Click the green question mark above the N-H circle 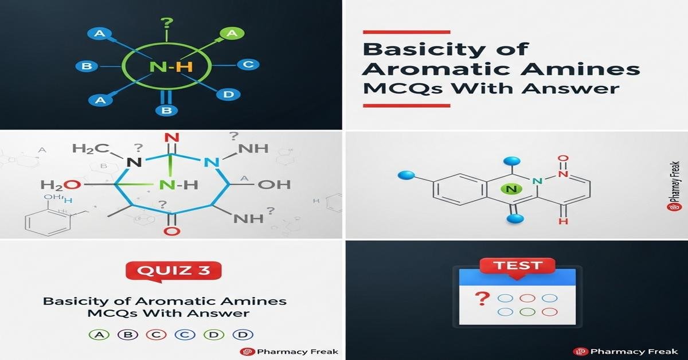166,24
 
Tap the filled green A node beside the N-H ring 232,33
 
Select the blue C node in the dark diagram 248,64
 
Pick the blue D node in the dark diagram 228,94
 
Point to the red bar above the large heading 406,31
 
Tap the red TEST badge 518,265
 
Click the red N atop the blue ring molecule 169,138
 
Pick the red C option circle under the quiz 155,335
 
